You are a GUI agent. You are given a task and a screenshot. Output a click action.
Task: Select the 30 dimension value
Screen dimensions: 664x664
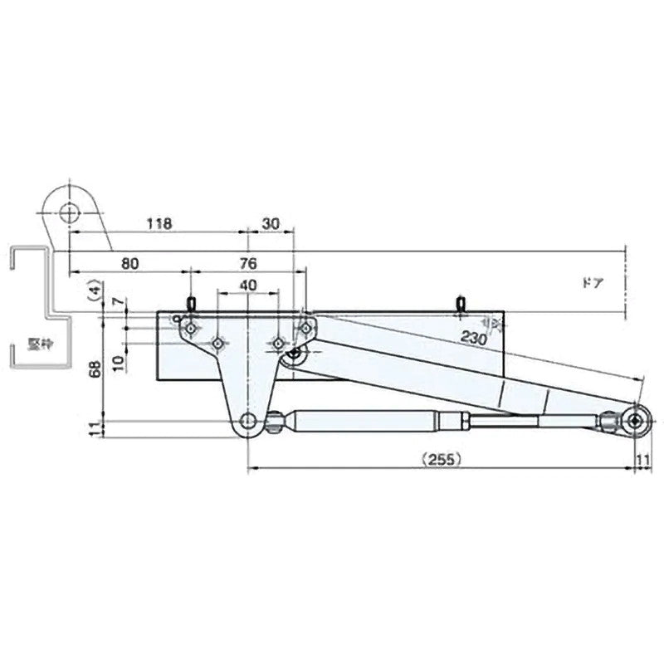271,224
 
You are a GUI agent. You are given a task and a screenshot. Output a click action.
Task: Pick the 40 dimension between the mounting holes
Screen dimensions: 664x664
247,286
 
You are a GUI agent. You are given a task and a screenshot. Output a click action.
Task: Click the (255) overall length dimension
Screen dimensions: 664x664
441,458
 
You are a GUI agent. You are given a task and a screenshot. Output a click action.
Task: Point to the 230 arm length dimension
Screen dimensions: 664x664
474,338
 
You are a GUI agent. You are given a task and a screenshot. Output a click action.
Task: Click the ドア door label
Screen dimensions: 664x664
592,281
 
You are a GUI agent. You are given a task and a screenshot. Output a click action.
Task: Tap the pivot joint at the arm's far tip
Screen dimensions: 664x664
636,422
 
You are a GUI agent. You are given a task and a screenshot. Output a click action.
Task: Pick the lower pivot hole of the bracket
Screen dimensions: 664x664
248,422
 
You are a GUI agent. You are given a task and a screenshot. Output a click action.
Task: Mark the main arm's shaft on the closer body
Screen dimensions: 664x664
293,355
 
